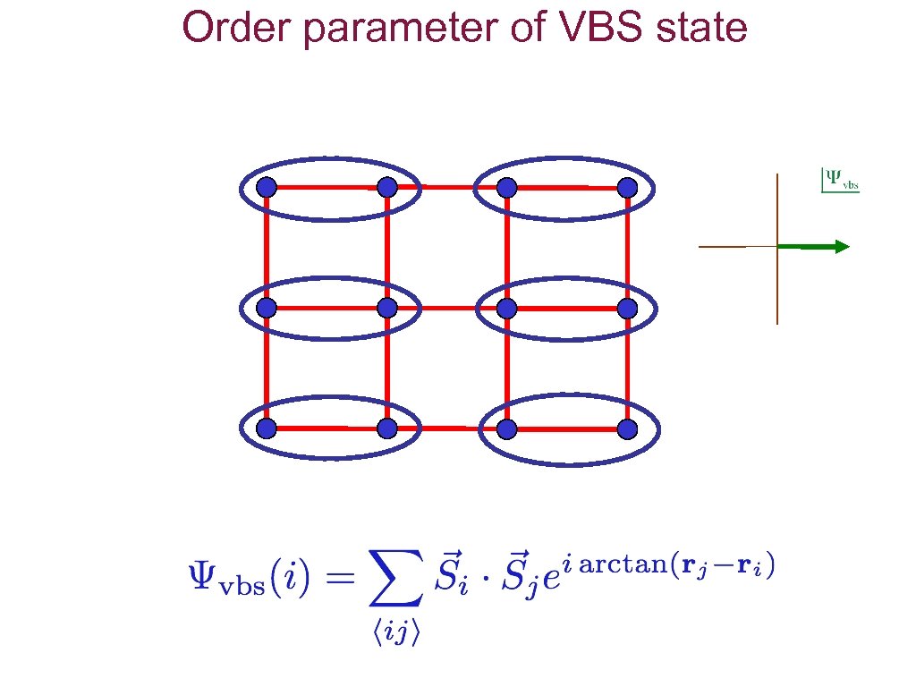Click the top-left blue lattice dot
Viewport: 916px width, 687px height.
(x=267, y=188)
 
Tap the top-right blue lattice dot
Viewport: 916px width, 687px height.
(x=627, y=188)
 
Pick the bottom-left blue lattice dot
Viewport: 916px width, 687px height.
(x=267, y=428)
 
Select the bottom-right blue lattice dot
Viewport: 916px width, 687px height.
(x=627, y=428)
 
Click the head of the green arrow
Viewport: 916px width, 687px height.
(x=841, y=247)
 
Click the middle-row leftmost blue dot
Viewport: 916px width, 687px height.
(x=267, y=308)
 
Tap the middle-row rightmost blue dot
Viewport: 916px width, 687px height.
(x=627, y=308)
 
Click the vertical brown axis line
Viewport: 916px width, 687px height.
(x=777, y=286)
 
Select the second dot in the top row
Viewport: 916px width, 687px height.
(x=386, y=188)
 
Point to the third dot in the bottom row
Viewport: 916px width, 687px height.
(x=507, y=428)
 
